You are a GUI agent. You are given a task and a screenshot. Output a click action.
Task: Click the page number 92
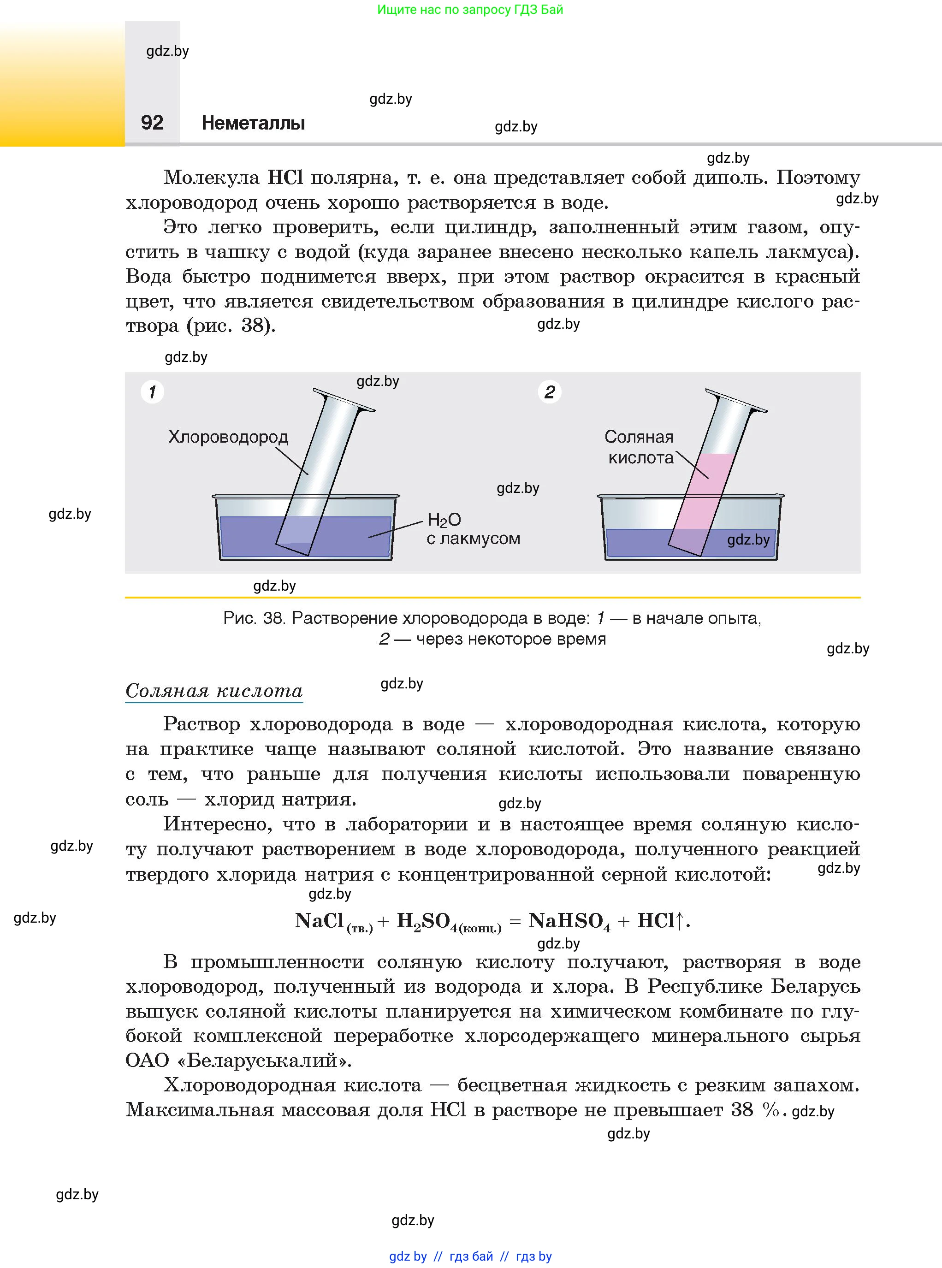(x=152, y=123)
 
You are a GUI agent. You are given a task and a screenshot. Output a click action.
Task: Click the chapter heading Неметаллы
(x=253, y=123)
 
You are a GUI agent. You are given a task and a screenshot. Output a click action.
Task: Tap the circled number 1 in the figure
(x=152, y=392)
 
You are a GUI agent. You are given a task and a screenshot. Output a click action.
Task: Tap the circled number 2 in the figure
(x=550, y=392)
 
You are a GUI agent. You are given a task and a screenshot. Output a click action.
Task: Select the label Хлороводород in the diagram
(x=228, y=437)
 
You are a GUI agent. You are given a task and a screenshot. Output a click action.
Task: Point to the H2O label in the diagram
(x=444, y=520)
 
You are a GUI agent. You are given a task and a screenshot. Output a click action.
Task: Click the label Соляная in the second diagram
(x=639, y=437)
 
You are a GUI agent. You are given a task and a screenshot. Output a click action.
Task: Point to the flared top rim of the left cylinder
(x=344, y=400)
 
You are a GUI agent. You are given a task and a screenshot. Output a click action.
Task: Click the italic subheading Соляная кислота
(x=214, y=691)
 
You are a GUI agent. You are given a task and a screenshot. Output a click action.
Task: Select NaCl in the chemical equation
(x=320, y=921)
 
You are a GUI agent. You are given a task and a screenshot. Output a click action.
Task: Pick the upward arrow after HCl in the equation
(x=679, y=920)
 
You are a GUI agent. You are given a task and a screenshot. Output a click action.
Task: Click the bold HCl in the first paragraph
(x=285, y=178)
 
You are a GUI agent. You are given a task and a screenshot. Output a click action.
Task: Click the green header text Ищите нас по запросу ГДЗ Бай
(x=470, y=10)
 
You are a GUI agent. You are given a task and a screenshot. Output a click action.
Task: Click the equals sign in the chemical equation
(x=515, y=922)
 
